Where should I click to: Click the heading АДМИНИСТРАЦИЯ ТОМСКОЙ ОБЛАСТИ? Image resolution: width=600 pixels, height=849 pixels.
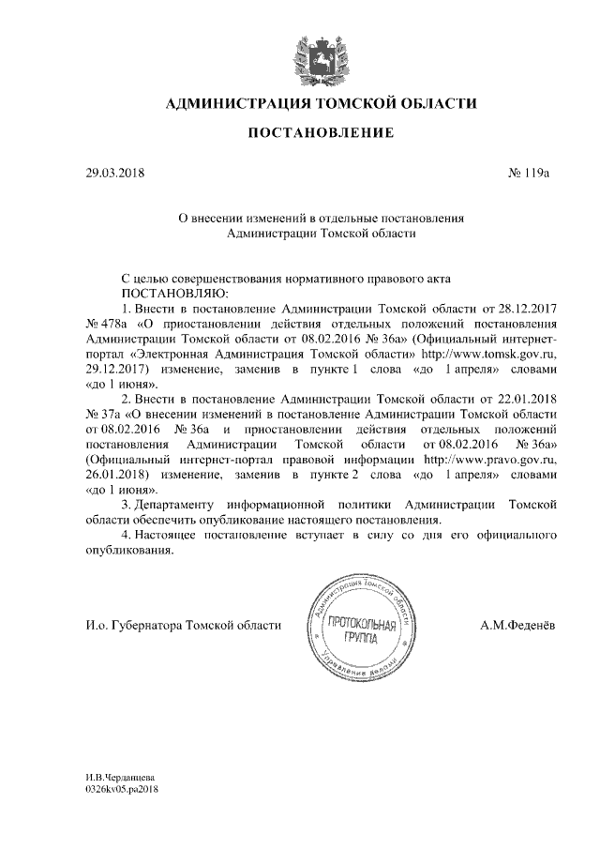[x=320, y=102]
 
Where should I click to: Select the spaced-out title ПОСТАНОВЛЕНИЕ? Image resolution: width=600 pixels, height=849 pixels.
[x=320, y=135]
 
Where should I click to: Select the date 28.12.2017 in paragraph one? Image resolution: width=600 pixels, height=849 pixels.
[x=526, y=307]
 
